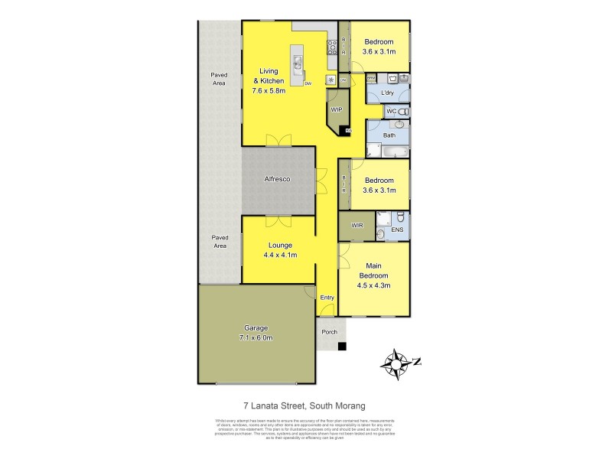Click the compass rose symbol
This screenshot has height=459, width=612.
click(x=397, y=363)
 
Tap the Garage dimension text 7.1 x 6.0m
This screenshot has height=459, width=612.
click(x=256, y=337)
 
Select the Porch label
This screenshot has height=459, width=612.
click(x=330, y=332)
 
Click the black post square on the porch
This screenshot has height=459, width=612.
click(x=342, y=347)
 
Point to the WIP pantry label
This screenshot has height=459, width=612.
click(x=336, y=110)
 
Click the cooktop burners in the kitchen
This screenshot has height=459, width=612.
click(x=333, y=47)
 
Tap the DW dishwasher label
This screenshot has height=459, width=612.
click(x=308, y=83)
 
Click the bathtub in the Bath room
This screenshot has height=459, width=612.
click(x=390, y=151)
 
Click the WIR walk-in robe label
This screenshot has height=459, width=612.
click(x=356, y=226)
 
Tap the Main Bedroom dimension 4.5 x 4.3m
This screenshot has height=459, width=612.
click(x=374, y=285)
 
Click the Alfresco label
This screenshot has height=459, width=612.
click(x=277, y=179)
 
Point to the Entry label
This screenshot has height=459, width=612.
click(x=327, y=297)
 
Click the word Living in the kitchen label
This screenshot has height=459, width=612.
click(x=269, y=72)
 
